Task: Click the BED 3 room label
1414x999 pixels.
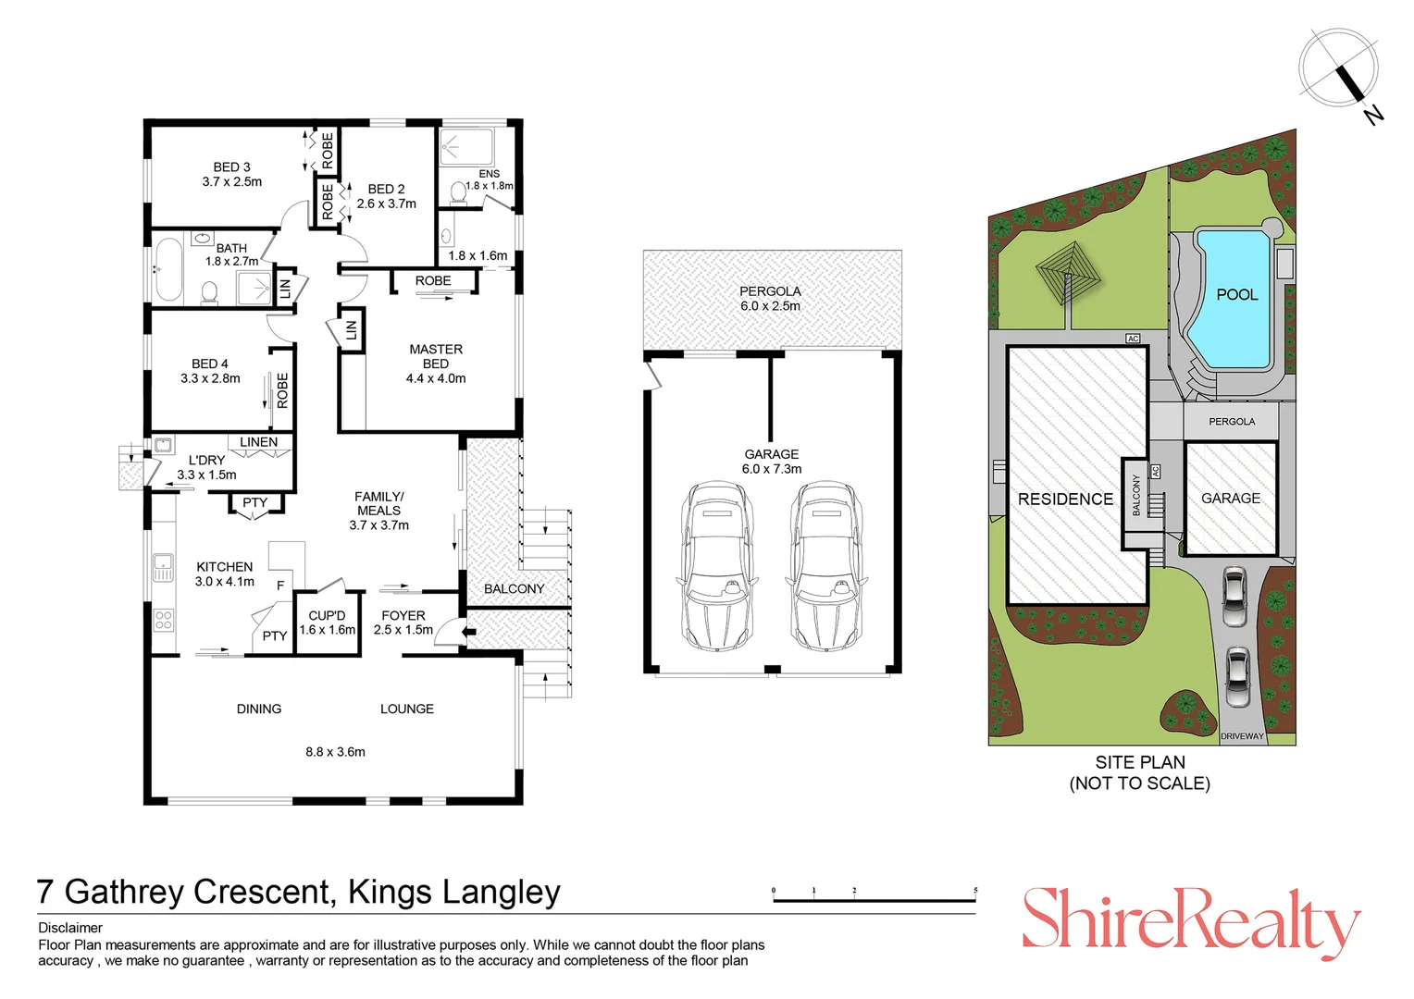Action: [x=231, y=174]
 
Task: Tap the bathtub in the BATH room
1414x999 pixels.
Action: [x=168, y=270]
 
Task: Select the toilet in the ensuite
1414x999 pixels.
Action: [x=457, y=192]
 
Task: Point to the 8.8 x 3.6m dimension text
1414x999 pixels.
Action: [x=335, y=752]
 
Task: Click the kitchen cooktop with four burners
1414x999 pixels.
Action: [x=163, y=620]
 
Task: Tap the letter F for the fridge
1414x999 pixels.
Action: [x=280, y=586]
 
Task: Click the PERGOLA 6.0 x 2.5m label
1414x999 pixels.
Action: [x=770, y=298]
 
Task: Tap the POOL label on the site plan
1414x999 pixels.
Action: [x=1236, y=294]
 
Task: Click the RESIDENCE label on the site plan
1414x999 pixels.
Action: [x=1065, y=499]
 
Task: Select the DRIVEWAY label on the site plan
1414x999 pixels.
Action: [x=1242, y=736]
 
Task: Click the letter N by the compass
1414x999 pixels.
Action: [x=1373, y=115]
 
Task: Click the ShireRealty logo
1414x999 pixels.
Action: [x=1190, y=921]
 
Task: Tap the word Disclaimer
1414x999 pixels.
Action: [x=70, y=928]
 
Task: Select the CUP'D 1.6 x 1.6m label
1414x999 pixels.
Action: [x=328, y=623]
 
